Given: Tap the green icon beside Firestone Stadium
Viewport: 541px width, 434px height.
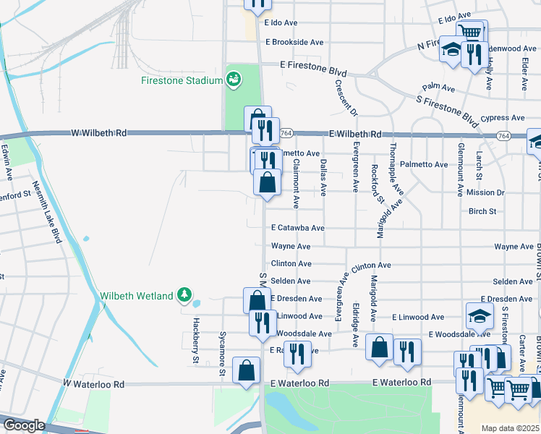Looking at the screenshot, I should (x=233, y=80).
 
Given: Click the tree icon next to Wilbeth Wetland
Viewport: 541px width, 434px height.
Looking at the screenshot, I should (x=185, y=295).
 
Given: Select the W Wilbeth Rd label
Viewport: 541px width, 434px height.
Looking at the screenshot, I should (x=99, y=133).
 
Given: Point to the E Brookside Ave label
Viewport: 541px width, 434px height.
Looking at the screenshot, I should (x=294, y=43).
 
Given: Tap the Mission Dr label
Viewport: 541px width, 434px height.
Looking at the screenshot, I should (x=485, y=193).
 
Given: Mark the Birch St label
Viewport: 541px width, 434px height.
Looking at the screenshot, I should (x=482, y=212).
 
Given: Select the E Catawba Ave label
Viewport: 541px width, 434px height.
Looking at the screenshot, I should (x=297, y=228).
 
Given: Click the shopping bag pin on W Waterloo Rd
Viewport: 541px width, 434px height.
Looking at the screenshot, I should (x=247, y=370).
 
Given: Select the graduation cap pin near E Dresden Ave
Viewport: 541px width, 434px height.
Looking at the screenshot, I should (x=479, y=315).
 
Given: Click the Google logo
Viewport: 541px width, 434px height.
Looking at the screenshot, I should (x=23, y=425).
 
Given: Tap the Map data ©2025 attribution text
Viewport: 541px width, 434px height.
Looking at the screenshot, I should (x=511, y=428).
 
